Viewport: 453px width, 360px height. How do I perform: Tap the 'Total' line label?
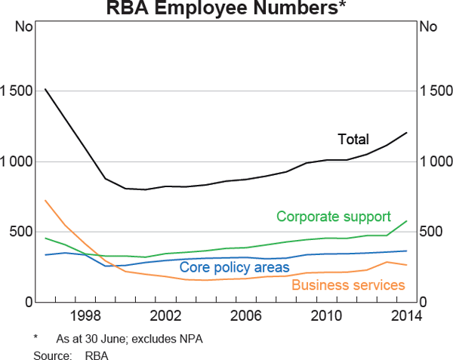pyautogui.click(x=353, y=140)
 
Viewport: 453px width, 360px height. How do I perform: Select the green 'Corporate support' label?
pyautogui.click(x=333, y=217)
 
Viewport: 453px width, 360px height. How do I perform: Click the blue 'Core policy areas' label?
pyautogui.click(x=234, y=268)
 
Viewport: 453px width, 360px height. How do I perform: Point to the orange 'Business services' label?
pyautogui.click(x=348, y=285)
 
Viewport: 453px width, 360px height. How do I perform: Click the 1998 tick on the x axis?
pyautogui.click(x=85, y=315)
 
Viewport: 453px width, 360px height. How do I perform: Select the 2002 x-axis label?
pyautogui.click(x=165, y=315)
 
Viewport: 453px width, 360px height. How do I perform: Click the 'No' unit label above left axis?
pyautogui.click(x=24, y=28)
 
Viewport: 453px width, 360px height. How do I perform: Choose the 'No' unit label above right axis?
pyautogui.click(x=428, y=28)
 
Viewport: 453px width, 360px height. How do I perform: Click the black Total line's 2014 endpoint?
pyautogui.click(x=407, y=133)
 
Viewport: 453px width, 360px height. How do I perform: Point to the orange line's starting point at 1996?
pyautogui.click(x=45, y=200)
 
